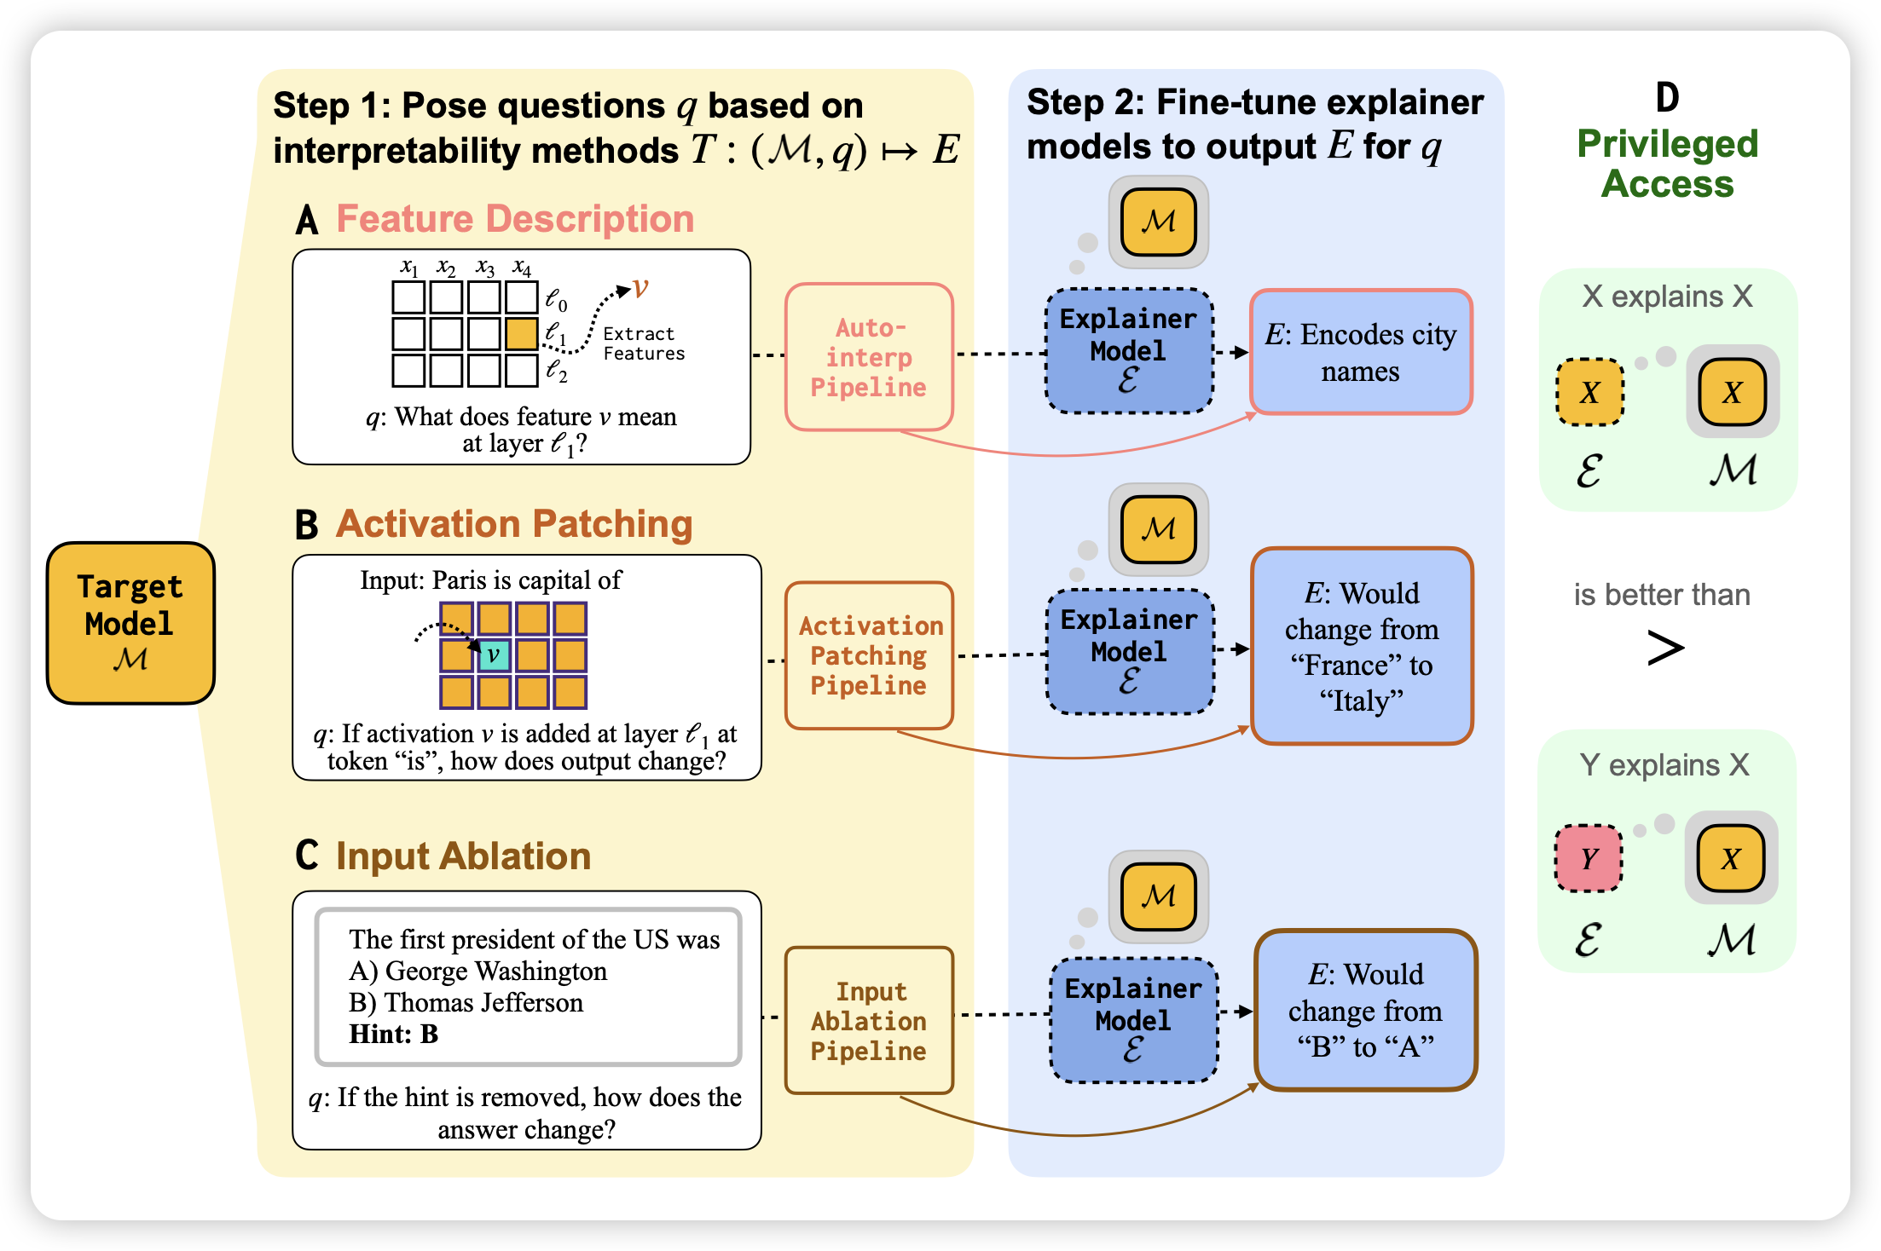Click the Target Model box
point(130,623)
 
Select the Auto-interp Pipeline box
point(869,357)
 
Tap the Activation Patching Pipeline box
point(869,655)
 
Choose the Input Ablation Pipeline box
point(869,1020)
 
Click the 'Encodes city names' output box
point(1361,352)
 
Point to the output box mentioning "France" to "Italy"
point(1362,646)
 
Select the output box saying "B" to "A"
point(1365,1010)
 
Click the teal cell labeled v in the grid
point(494,655)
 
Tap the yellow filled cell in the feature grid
point(521,333)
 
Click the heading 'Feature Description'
point(515,219)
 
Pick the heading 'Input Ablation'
point(463,856)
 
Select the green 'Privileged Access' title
point(1667,164)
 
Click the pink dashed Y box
point(1589,858)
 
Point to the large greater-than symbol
point(1664,648)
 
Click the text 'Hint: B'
point(393,1034)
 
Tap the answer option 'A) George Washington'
point(477,971)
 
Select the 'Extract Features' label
point(643,343)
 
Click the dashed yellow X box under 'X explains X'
point(1589,393)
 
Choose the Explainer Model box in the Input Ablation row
point(1133,1020)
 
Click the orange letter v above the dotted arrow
point(640,289)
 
